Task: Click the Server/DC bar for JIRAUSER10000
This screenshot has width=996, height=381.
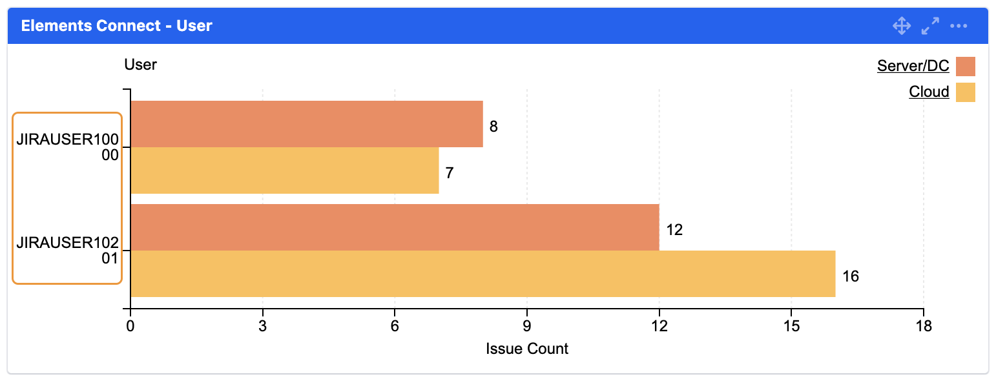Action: pyautogui.click(x=307, y=124)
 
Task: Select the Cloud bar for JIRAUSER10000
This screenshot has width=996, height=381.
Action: pyautogui.click(x=285, y=170)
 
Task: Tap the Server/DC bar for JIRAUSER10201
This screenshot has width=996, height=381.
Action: pyautogui.click(x=395, y=227)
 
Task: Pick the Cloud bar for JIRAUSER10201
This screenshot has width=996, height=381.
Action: pyautogui.click(x=482, y=274)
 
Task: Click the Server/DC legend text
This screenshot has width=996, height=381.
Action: pyautogui.click(x=913, y=66)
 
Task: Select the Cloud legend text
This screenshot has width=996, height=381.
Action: pyautogui.click(x=929, y=92)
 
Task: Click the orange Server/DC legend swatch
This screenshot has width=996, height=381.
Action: pyautogui.click(x=966, y=67)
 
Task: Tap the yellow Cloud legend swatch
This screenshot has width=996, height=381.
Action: pyautogui.click(x=966, y=92)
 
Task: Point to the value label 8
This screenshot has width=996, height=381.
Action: pyautogui.click(x=493, y=127)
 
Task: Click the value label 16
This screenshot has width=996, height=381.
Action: pyautogui.click(x=851, y=276)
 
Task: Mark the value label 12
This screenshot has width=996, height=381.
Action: pyautogui.click(x=674, y=230)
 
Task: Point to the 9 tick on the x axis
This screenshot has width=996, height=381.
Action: pyautogui.click(x=527, y=327)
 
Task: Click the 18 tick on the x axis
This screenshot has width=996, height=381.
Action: pyautogui.click(x=924, y=327)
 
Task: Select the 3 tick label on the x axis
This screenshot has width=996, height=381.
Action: pyautogui.click(x=263, y=327)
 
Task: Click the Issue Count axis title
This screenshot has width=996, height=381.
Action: pyautogui.click(x=527, y=349)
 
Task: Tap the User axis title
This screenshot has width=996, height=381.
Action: pyautogui.click(x=141, y=65)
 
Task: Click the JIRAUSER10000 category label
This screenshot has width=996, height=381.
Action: pyautogui.click(x=68, y=147)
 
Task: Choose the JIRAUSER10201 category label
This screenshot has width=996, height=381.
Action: pyautogui.click(x=68, y=251)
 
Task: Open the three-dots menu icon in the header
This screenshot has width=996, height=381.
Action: pyautogui.click(x=959, y=26)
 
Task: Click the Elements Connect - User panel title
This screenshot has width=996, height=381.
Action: pyautogui.click(x=117, y=26)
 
